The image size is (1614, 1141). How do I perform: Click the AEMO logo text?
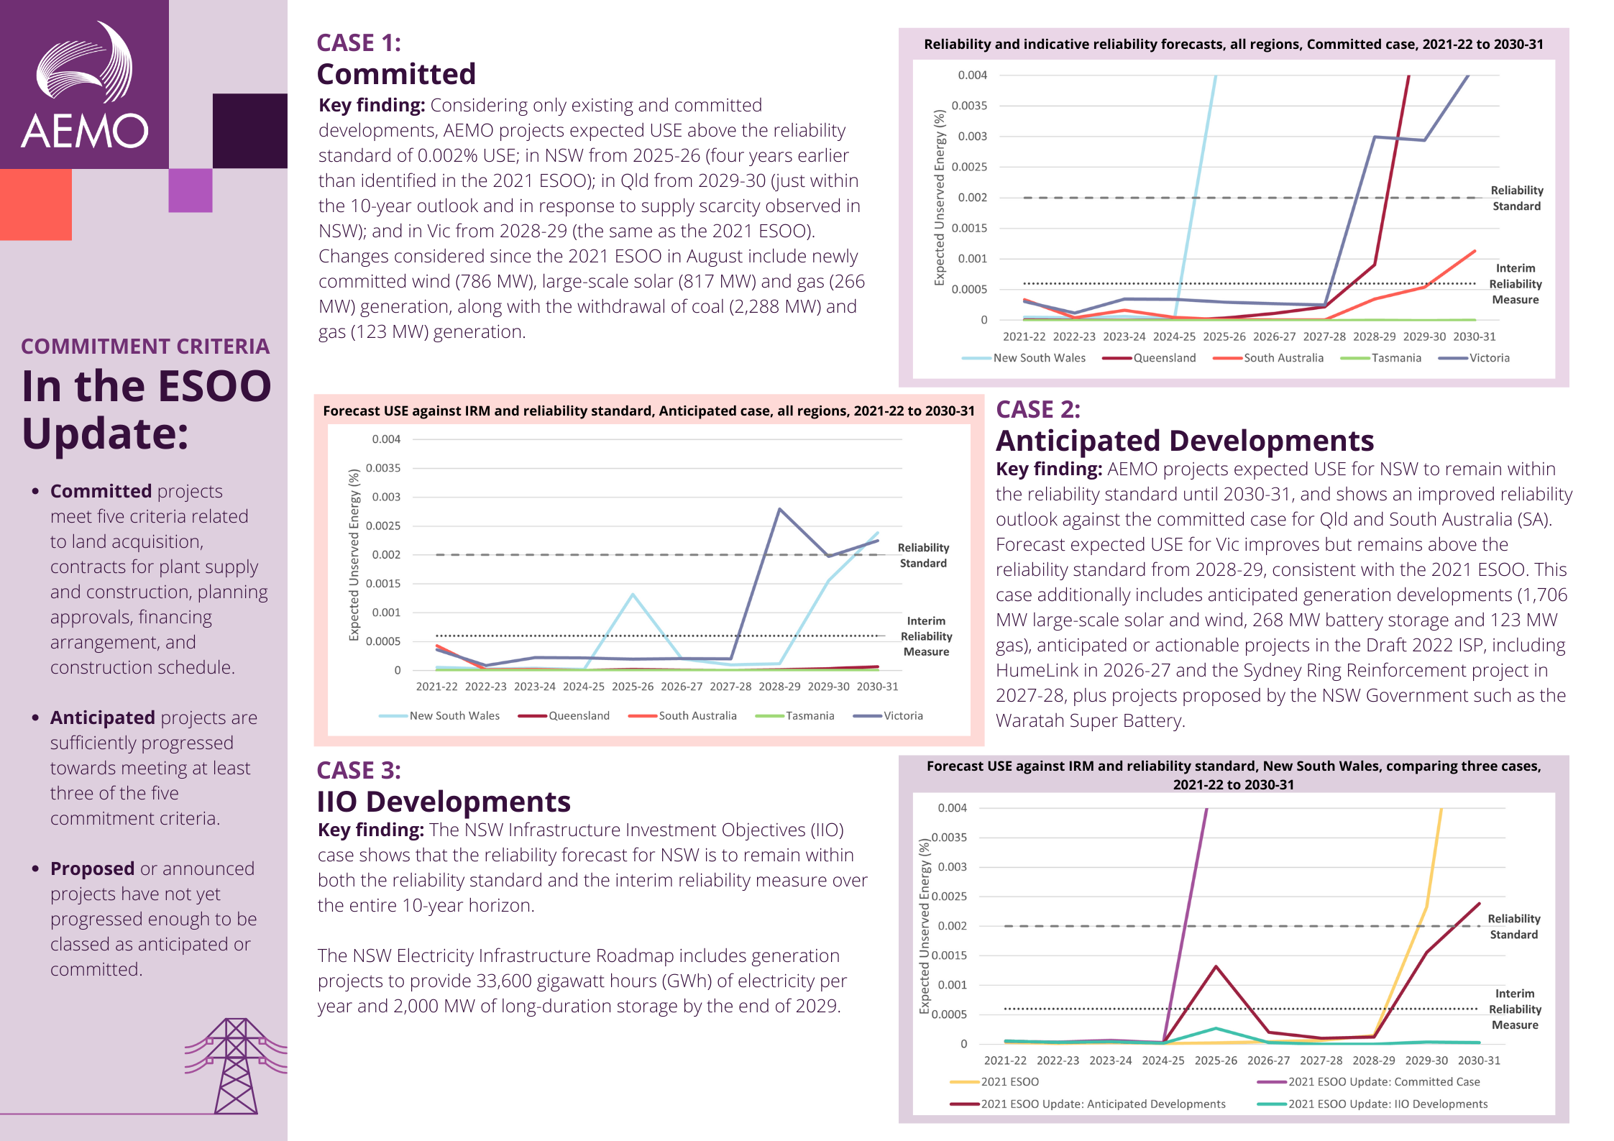[85, 131]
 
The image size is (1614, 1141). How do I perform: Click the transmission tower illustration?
[236, 1066]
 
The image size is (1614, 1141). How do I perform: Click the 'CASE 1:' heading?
[359, 43]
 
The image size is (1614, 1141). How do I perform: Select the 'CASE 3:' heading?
[359, 771]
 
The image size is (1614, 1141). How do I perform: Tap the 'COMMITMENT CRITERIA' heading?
[145, 347]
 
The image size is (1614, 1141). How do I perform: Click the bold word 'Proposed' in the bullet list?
[92, 869]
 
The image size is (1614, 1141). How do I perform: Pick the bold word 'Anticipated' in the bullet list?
[102, 718]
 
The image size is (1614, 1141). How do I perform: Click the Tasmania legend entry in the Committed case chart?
[1395, 358]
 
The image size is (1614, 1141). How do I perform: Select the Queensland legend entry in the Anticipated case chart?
[579, 716]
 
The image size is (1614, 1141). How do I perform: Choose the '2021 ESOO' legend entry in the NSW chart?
[1009, 1082]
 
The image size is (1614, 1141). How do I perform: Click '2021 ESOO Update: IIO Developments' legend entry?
[1388, 1104]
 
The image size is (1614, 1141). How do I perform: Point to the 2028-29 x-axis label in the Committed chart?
[1374, 336]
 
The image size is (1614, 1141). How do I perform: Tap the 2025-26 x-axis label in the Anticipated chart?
[633, 687]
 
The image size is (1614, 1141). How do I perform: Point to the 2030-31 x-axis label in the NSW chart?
[1479, 1060]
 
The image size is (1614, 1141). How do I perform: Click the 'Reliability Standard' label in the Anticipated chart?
[923, 556]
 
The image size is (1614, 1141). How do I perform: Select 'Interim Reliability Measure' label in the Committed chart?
[1516, 284]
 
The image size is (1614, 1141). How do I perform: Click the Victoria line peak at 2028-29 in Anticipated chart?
[780, 510]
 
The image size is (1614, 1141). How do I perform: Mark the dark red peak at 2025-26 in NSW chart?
[1216, 967]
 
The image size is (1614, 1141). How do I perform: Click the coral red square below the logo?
[35, 204]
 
